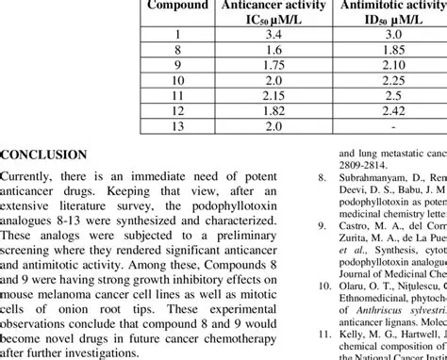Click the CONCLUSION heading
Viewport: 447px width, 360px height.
click(x=43, y=155)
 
